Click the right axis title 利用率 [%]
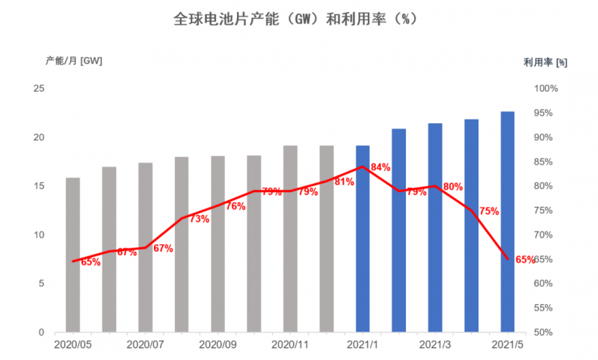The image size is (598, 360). click(x=545, y=63)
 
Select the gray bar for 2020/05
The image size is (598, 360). click(x=73, y=255)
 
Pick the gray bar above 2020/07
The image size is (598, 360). click(x=145, y=247)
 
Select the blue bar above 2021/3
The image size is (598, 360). click(x=435, y=228)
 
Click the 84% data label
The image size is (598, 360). click(x=380, y=167)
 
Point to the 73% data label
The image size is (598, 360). click(x=199, y=219)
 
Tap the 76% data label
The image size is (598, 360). click(x=235, y=206)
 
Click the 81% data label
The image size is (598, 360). click(x=344, y=181)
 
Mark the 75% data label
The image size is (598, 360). click(x=489, y=211)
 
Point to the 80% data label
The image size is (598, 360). click(x=453, y=187)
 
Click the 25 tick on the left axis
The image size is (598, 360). click(x=40, y=89)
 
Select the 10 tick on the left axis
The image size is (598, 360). click(x=40, y=235)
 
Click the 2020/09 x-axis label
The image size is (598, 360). click(x=218, y=345)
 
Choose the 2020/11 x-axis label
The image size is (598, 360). click(x=290, y=345)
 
